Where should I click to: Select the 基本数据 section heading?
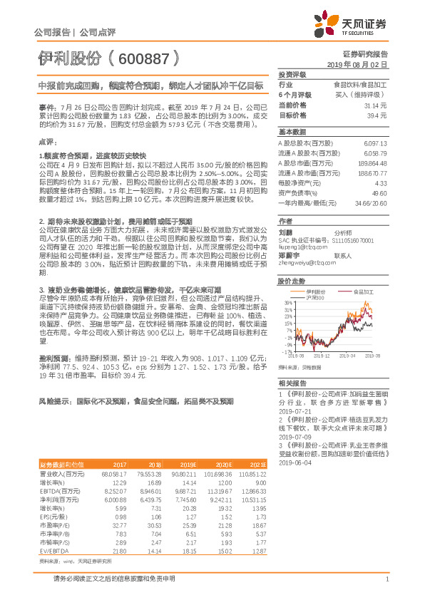click(292, 133)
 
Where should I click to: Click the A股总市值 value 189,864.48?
click(371, 163)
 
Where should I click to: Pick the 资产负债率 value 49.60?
click(379, 193)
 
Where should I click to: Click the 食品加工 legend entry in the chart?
click(359, 291)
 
